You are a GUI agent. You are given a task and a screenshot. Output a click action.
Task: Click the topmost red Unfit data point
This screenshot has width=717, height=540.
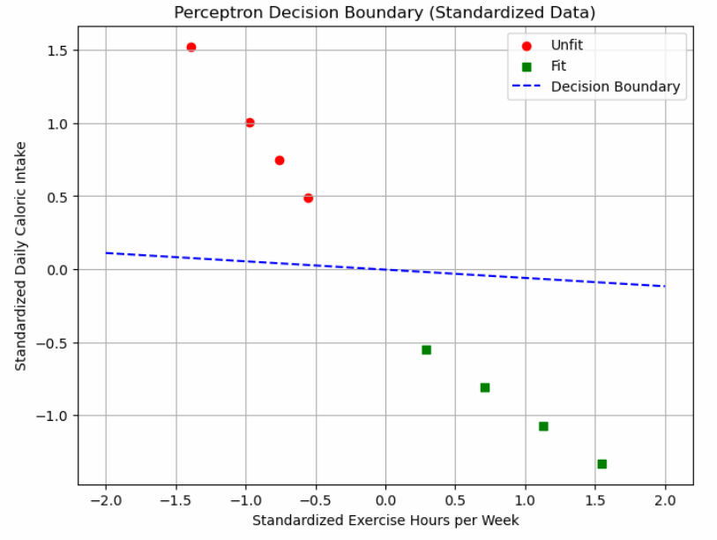pos(191,48)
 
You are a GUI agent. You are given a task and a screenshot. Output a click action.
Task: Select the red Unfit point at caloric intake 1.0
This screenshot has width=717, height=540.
pos(250,123)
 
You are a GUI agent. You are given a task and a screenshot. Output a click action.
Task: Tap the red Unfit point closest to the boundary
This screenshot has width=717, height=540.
pos(308,199)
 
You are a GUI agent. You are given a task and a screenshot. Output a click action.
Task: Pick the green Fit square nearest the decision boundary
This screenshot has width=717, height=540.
pos(426,350)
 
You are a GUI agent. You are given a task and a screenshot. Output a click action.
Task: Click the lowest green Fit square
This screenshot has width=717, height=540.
pos(601,464)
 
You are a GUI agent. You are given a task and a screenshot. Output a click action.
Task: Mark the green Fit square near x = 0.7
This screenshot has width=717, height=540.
pos(485,387)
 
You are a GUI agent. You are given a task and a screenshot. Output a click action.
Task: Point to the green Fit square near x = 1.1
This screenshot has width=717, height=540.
pos(543,426)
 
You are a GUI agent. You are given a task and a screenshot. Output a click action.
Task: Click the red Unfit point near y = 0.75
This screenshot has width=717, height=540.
pos(280,161)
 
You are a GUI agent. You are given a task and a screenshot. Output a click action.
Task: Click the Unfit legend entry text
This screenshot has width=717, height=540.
pos(566,45)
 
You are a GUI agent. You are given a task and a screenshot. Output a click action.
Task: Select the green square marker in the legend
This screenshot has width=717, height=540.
pos(527,66)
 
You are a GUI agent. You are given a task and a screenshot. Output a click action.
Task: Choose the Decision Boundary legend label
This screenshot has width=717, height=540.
pos(615,86)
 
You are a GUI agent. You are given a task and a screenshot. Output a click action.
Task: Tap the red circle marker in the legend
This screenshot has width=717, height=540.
pos(527,45)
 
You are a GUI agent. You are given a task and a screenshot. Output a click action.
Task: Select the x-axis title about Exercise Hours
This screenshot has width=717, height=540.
pos(385,520)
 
